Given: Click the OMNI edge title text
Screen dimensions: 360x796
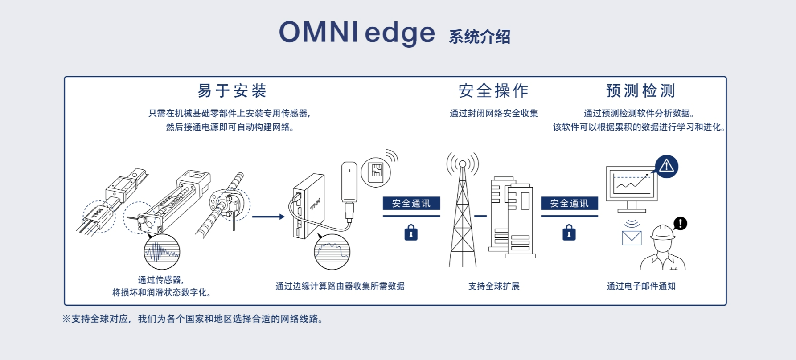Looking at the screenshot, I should click(357, 33).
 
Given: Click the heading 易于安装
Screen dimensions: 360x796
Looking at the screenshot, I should click(232, 91).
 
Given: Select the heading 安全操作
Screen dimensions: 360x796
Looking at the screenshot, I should click(493, 91).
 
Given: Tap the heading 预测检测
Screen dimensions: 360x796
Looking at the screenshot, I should click(640, 91).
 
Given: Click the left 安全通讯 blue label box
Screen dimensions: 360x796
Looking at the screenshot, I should click(411, 204).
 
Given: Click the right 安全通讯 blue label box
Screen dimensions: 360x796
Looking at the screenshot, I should click(569, 204).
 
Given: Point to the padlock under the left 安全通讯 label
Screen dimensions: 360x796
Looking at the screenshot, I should click(411, 233).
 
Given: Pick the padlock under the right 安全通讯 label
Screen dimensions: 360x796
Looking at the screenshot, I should click(569, 233).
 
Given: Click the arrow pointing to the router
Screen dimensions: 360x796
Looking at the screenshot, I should click(268, 217).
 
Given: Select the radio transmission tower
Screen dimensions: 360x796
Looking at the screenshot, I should click(463, 214).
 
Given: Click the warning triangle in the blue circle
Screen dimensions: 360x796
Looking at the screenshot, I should click(666, 166).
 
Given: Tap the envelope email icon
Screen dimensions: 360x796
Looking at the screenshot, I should click(632, 238).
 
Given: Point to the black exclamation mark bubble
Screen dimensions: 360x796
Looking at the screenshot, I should click(680, 223).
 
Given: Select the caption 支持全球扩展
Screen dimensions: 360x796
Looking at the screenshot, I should click(494, 286).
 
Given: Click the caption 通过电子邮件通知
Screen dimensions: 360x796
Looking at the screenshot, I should click(641, 286).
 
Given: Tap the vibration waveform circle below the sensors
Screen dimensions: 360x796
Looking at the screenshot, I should click(162, 252).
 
